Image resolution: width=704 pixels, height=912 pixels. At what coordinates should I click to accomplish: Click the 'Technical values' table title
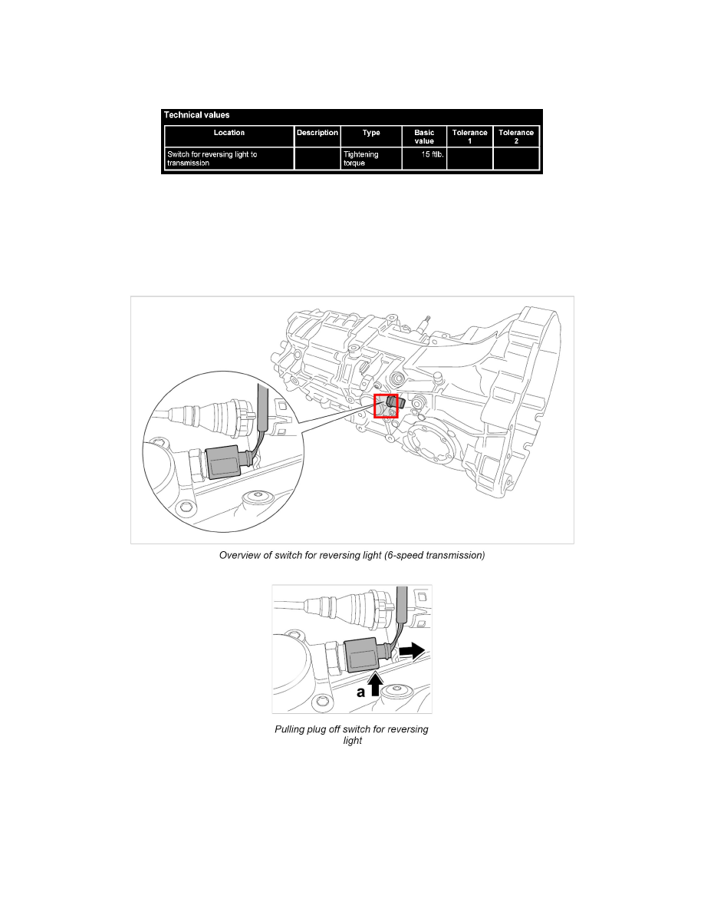pyautogui.click(x=196, y=115)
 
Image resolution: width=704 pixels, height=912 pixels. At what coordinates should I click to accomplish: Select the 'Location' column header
pyautogui.click(x=229, y=133)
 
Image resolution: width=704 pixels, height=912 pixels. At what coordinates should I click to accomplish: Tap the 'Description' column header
pyautogui.click(x=317, y=133)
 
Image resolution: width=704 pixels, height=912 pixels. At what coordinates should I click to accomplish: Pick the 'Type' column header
pyautogui.click(x=371, y=133)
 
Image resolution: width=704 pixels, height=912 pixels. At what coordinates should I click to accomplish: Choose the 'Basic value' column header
pyautogui.click(x=424, y=137)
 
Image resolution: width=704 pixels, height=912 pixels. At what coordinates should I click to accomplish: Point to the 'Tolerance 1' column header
pyautogui.click(x=470, y=137)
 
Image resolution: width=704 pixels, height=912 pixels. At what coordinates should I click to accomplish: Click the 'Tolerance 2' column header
pyautogui.click(x=516, y=137)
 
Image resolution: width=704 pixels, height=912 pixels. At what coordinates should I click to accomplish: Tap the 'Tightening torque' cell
pyautogui.click(x=361, y=158)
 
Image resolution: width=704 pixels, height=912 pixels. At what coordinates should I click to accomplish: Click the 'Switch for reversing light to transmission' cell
pyautogui.click(x=212, y=158)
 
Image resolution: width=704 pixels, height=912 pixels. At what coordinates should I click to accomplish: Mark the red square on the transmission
pyautogui.click(x=386, y=405)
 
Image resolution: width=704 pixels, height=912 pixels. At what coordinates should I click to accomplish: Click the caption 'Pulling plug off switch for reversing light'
pyautogui.click(x=351, y=735)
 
